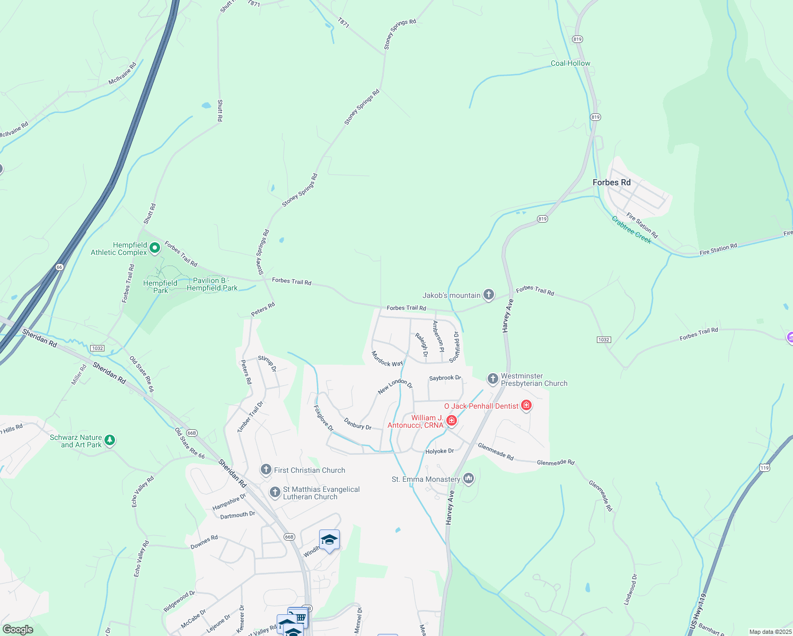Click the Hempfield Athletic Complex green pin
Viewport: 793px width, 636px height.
click(155, 248)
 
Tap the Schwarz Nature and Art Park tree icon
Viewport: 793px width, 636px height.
click(110, 440)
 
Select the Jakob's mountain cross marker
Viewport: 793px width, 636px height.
click(488, 295)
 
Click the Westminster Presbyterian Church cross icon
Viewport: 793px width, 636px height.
click(493, 379)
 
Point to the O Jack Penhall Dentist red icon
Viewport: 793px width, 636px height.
click(526, 405)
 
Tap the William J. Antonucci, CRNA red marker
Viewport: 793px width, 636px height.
click(451, 420)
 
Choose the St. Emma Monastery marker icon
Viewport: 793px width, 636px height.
click(468, 479)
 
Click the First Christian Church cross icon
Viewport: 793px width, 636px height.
click(266, 470)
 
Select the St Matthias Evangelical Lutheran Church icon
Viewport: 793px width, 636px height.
click(275, 492)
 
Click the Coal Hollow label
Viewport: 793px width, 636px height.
click(570, 63)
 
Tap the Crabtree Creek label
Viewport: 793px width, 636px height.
click(631, 229)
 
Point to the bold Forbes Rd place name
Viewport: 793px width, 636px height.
click(611, 182)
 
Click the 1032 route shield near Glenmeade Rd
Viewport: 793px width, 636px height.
click(604, 339)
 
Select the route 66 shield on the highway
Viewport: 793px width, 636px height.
click(59, 267)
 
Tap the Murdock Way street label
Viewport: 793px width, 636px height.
click(387, 359)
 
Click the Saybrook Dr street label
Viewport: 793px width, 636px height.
click(445, 378)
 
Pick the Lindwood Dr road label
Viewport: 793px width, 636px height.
click(630, 589)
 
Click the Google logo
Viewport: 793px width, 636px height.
click(18, 630)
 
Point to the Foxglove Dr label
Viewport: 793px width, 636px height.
click(323, 418)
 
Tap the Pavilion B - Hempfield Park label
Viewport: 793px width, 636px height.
click(212, 284)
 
